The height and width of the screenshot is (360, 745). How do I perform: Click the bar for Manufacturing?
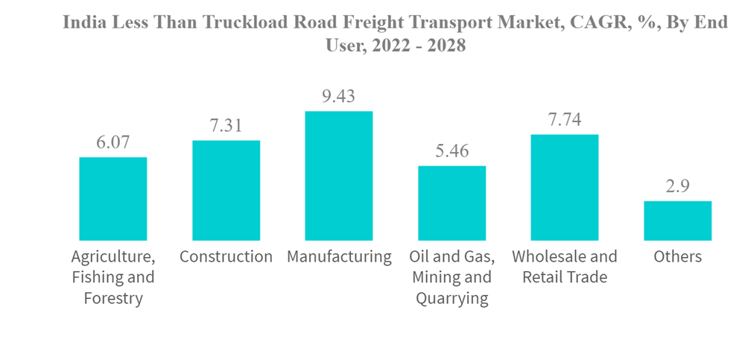click(x=339, y=176)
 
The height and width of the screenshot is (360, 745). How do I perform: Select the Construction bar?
click(x=226, y=190)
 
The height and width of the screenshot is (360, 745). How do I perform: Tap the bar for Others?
click(x=678, y=221)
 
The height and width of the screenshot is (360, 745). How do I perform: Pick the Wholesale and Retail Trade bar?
click(x=565, y=187)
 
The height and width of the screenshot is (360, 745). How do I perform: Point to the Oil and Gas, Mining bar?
click(x=452, y=203)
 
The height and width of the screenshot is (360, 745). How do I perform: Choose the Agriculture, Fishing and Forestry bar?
click(x=113, y=199)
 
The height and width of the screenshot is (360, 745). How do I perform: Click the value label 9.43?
click(x=338, y=96)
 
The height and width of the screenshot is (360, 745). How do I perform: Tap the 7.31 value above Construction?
click(x=226, y=125)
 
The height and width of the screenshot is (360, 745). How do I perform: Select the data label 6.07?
click(x=113, y=142)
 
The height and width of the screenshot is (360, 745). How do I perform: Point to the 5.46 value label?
click(x=452, y=151)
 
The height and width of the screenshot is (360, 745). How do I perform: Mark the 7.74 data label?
click(x=565, y=119)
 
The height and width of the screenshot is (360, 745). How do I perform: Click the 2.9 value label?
click(x=678, y=186)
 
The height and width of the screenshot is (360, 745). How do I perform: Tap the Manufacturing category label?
click(x=339, y=257)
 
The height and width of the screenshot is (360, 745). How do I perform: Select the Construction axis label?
click(x=226, y=257)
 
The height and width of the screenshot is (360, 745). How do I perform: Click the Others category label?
click(x=678, y=257)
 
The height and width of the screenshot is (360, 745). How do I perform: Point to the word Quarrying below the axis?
click(x=452, y=299)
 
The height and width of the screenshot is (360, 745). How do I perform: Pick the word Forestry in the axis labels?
click(x=113, y=299)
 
